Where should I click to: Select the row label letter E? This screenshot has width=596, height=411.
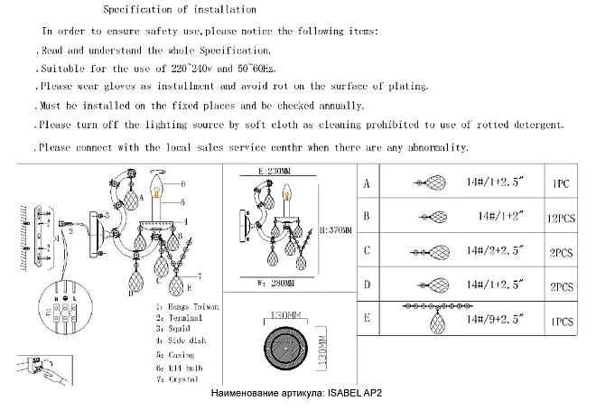[367, 318]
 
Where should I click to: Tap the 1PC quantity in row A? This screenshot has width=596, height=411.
[560, 183]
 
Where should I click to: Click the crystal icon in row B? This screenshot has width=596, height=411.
[436, 217]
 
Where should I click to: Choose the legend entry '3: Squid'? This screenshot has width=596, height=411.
[177, 331]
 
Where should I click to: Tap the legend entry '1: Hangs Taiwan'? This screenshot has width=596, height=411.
[188, 307]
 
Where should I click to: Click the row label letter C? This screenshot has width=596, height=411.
[367, 251]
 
